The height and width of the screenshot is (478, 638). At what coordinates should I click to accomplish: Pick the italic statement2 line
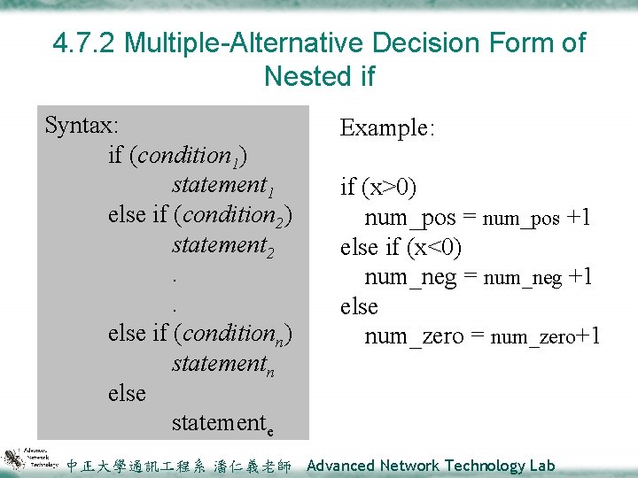tap(223, 245)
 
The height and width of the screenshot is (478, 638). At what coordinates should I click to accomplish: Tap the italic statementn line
tap(223, 365)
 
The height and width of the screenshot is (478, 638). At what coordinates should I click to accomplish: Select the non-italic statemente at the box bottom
tap(222, 424)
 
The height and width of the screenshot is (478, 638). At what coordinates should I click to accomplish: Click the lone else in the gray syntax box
tap(127, 393)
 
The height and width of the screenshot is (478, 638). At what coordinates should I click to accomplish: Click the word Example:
tap(387, 129)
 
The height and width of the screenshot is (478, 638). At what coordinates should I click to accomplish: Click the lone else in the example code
tap(359, 306)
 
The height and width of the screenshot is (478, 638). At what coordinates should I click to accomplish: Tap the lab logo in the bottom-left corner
tap(30, 459)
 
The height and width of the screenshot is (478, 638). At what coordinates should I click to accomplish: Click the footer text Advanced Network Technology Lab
tap(430, 466)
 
